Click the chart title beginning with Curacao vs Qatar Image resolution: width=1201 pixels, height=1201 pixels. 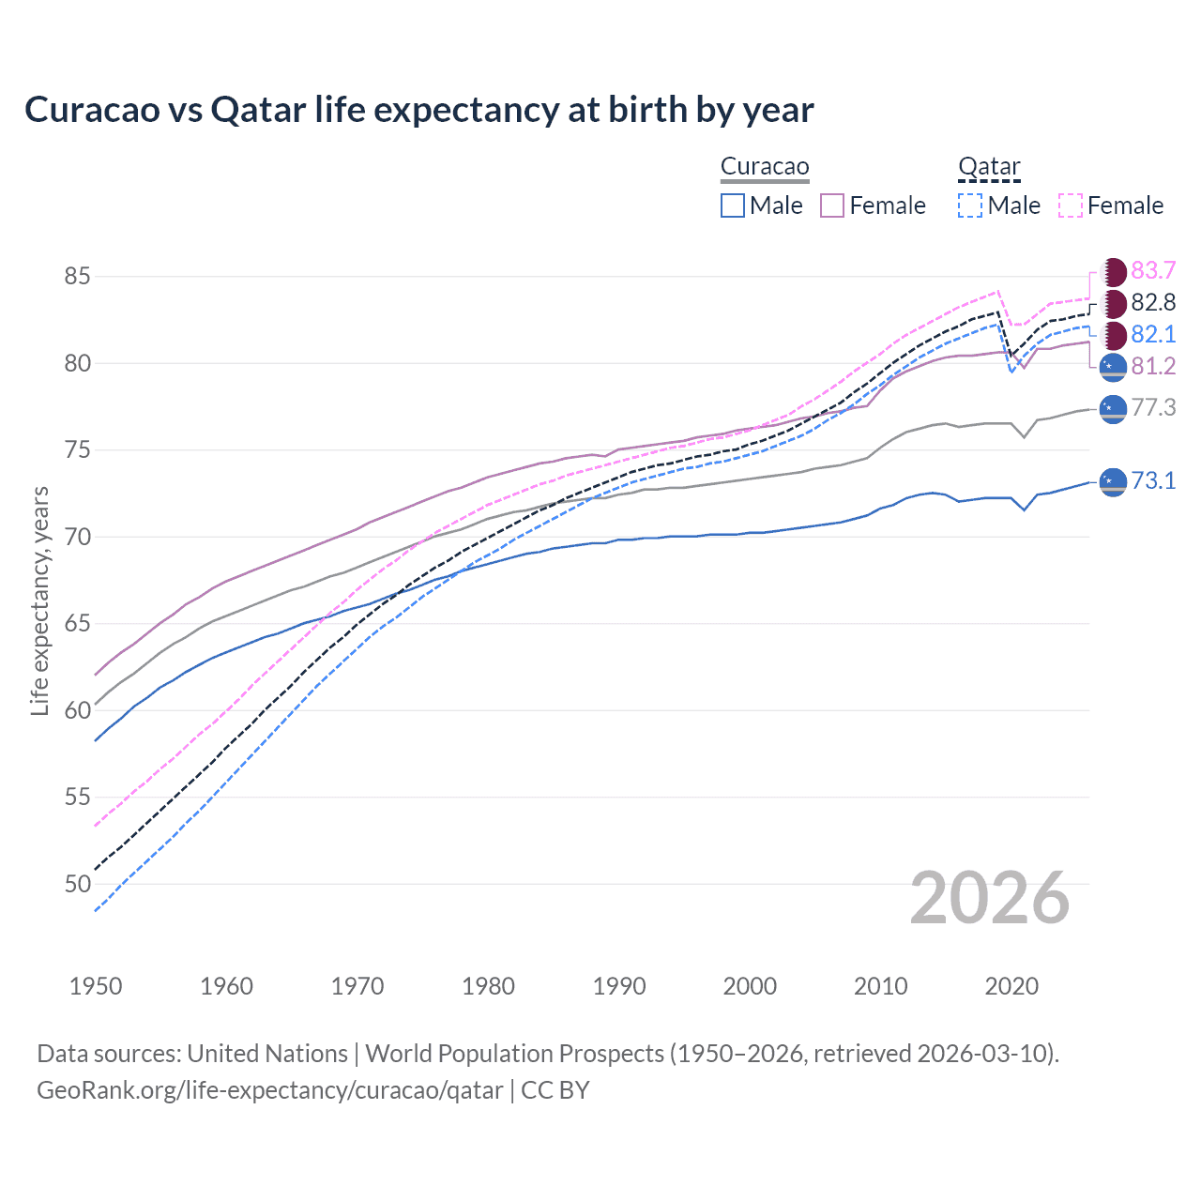pyautogui.click(x=418, y=110)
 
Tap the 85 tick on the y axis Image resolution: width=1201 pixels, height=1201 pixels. pyautogui.click(x=77, y=277)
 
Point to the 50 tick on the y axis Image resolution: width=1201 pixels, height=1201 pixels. pyautogui.click(x=77, y=884)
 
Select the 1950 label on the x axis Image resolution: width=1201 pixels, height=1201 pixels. pyautogui.click(x=96, y=986)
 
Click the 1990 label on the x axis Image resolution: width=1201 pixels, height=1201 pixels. pyautogui.click(x=619, y=986)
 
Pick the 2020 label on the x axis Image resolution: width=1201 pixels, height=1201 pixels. pyautogui.click(x=1011, y=986)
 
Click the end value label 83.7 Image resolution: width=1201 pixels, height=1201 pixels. pyautogui.click(x=1153, y=271)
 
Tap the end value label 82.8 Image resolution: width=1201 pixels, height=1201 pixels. pyautogui.click(x=1153, y=302)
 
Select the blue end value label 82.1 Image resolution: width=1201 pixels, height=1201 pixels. pyautogui.click(x=1153, y=334)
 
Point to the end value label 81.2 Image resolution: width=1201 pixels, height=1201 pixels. pyautogui.click(x=1153, y=366)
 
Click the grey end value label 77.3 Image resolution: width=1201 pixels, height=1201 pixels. pyautogui.click(x=1153, y=407)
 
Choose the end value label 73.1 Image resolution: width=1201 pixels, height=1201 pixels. pyautogui.click(x=1153, y=481)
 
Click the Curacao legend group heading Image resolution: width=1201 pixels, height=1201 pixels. pyautogui.click(x=765, y=167)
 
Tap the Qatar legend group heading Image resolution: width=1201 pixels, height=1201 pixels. pyautogui.click(x=989, y=167)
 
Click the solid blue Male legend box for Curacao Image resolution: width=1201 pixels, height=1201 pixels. pyautogui.click(x=733, y=205)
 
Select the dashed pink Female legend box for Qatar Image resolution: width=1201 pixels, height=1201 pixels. pyautogui.click(x=1071, y=205)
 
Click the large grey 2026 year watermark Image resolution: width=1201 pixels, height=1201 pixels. pyautogui.click(x=990, y=898)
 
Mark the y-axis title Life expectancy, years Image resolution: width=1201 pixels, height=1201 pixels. pyautogui.click(x=39, y=600)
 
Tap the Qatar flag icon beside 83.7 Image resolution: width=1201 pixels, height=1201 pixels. pyautogui.click(x=1113, y=272)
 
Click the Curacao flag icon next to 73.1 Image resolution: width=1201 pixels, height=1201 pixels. pyautogui.click(x=1113, y=481)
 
